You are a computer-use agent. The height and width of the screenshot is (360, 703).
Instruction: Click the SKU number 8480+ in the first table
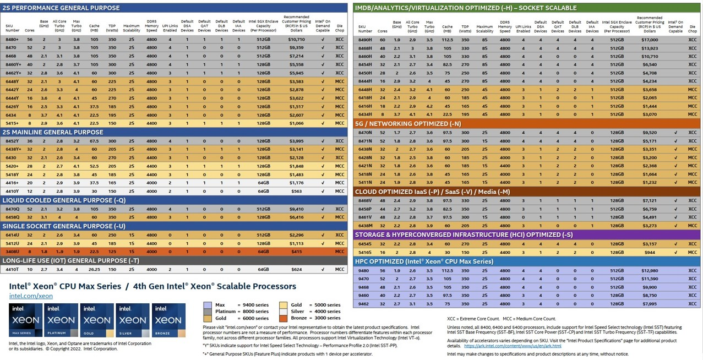[x=12, y=40]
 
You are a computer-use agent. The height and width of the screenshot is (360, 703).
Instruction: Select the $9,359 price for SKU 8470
[x=296, y=48]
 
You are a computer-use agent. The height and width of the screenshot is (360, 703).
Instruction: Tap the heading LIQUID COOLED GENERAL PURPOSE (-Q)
[x=64, y=200]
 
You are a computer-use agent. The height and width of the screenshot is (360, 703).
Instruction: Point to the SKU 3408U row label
[x=12, y=252]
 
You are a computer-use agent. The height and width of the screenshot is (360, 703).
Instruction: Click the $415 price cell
[x=297, y=252]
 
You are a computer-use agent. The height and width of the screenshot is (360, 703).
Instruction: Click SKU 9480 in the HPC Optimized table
[x=364, y=271]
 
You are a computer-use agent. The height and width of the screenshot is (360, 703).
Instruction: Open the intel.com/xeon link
[x=31, y=296]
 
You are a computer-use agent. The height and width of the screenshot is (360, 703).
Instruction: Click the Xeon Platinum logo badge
[x=61, y=320]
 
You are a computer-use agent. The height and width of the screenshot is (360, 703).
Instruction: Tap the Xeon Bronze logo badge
[x=168, y=320]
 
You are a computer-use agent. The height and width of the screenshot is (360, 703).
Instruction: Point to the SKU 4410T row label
[x=12, y=270]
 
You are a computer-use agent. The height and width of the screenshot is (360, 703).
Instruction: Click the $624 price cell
[x=297, y=270]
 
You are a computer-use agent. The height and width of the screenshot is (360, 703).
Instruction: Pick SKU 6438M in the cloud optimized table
[x=365, y=226]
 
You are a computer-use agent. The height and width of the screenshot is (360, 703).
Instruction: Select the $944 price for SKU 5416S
[x=650, y=252]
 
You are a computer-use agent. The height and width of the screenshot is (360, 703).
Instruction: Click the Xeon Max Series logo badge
[x=25, y=320]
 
